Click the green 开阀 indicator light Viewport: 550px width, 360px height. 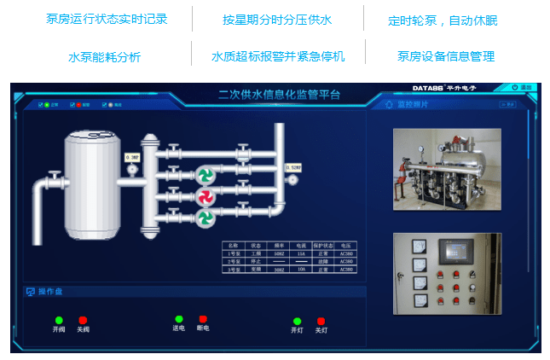pos(59,320)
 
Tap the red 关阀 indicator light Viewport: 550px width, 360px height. pos(83,319)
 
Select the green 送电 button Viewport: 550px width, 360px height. pos(179,318)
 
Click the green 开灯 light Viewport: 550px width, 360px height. pos(298,321)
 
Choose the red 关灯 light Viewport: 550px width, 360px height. pos(321,321)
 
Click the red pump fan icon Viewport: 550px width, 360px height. pos(205,197)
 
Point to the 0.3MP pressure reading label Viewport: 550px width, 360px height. pos(132,157)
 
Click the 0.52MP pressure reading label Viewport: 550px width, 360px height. pos(294,167)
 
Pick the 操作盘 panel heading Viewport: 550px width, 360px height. pos(50,292)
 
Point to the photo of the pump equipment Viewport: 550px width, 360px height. pos(447,169)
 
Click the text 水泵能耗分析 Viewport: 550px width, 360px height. pos(104,57)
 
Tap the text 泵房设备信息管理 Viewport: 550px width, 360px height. pos(446,57)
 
